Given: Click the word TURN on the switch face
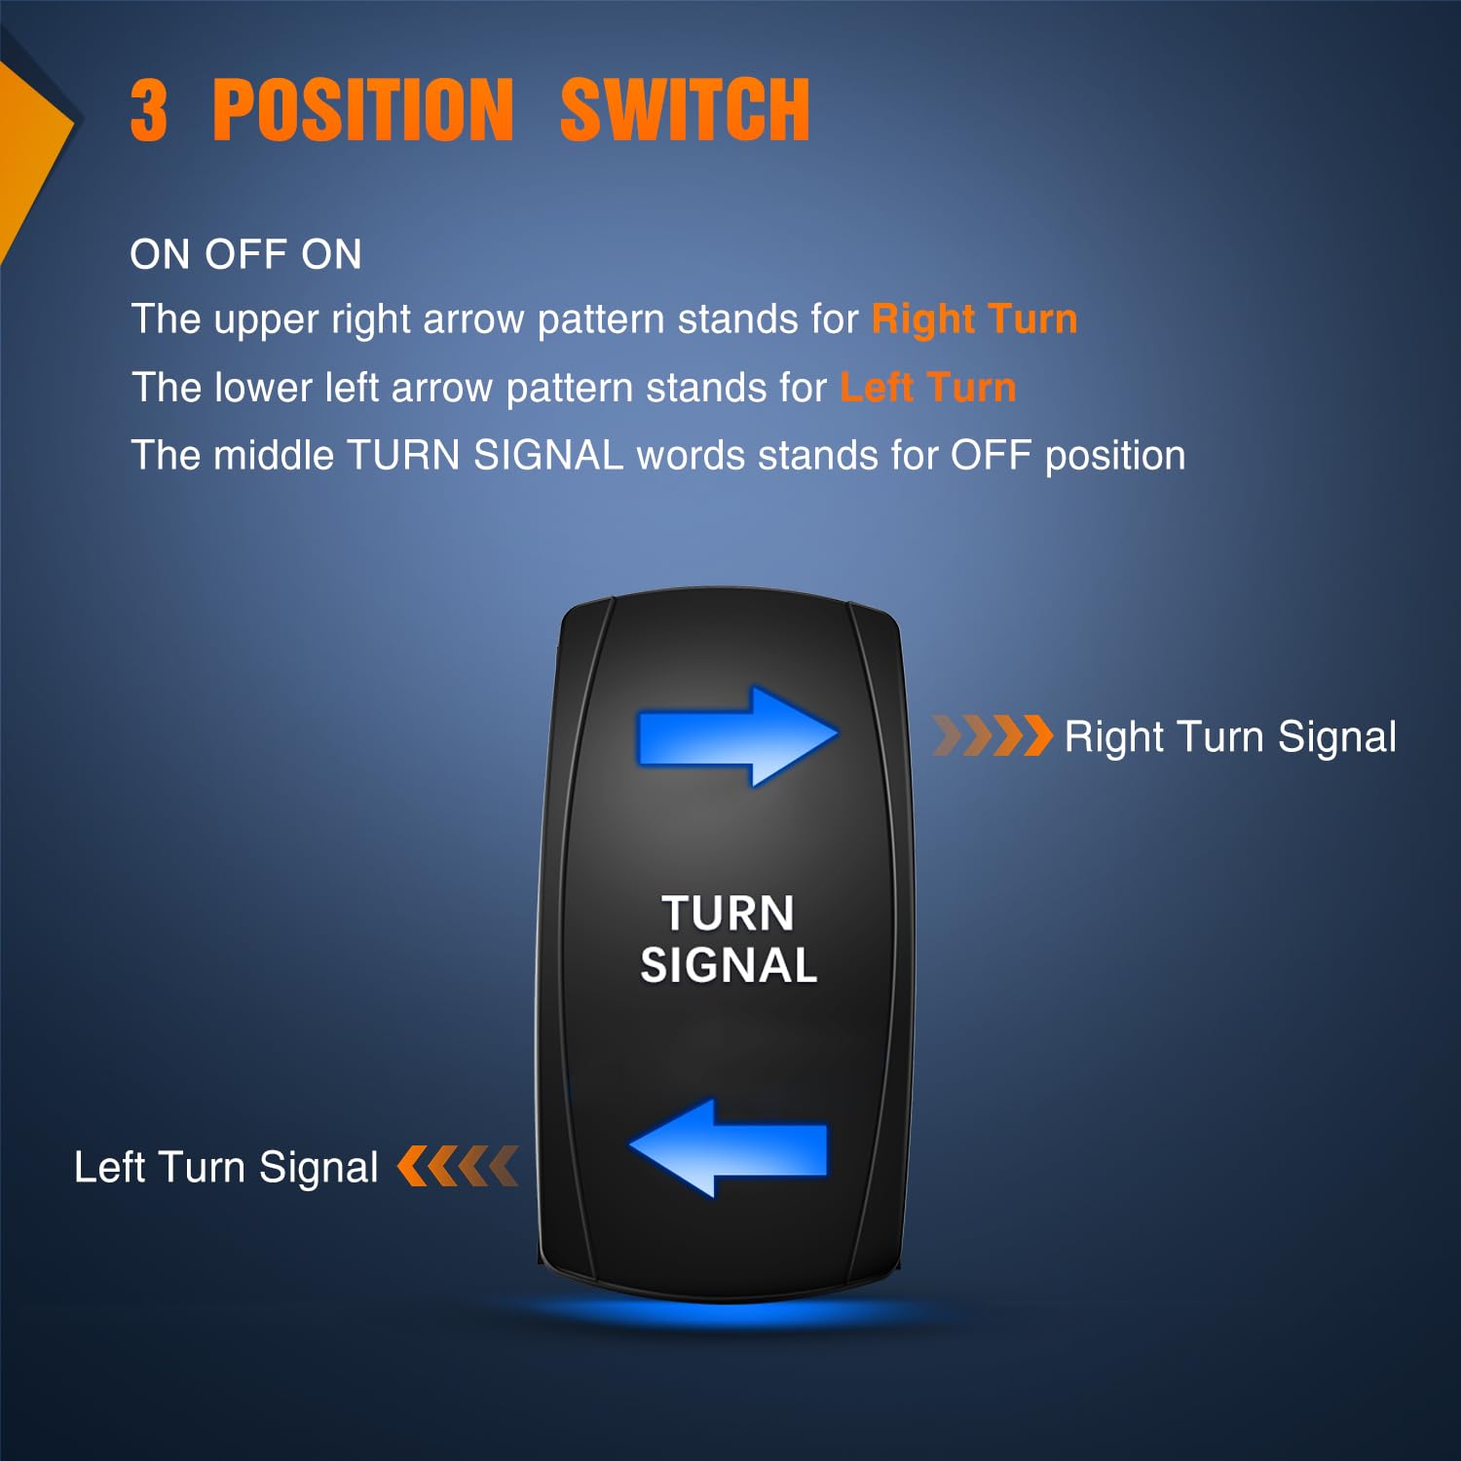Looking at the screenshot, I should coord(729,914).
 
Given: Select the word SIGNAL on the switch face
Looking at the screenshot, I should coord(729,966).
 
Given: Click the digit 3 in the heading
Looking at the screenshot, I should coord(149,110).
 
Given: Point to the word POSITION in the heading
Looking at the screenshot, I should coord(362,110).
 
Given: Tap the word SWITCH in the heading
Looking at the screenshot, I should coord(685,110).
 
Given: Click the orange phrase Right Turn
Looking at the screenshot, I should coord(974,319).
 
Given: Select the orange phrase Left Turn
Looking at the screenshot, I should coord(928,388).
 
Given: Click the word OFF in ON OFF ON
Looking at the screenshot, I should coord(246,255).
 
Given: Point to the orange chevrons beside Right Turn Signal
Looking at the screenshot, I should coord(993,735).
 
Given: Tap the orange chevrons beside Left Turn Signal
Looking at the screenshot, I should coord(458,1166).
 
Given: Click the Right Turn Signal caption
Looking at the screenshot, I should coord(1230,737).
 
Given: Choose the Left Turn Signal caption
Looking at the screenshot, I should coord(226,1167).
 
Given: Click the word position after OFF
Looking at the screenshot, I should coord(1115,457).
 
